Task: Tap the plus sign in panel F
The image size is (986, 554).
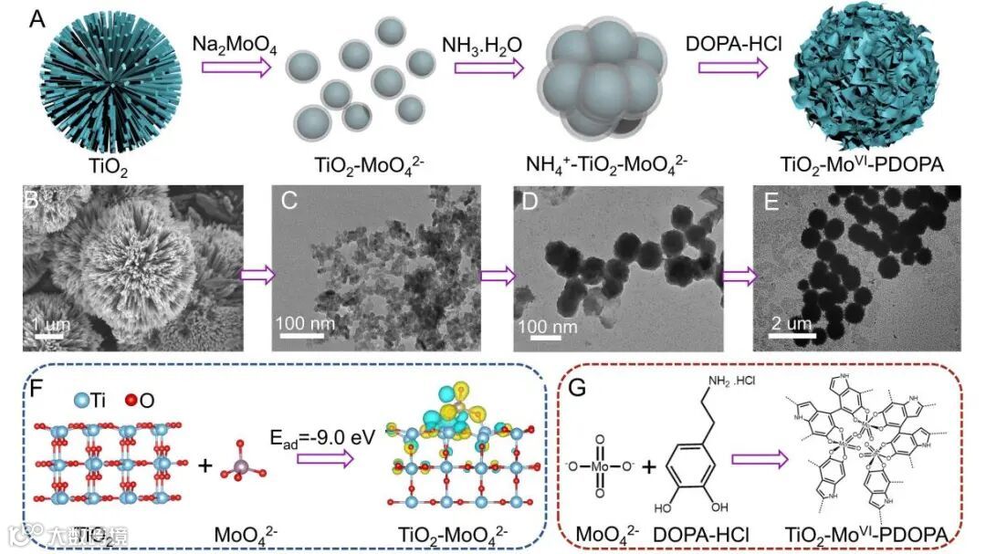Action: [205, 466]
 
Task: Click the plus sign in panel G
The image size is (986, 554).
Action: [649, 466]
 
